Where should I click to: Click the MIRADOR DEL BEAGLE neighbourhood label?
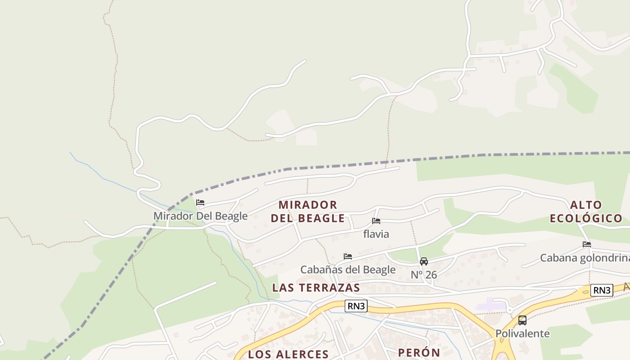click(x=308, y=211)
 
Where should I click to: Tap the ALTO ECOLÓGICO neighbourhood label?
click(x=586, y=211)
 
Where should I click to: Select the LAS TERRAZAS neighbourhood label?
click(x=316, y=288)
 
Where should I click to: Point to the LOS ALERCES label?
click(x=288, y=354)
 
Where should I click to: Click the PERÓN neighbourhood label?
click(x=419, y=352)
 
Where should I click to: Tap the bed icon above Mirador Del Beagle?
click(x=200, y=202)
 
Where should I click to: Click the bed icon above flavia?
click(x=376, y=221)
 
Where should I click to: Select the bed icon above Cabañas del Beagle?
click(x=348, y=256)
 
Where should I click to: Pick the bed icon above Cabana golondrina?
click(x=587, y=244)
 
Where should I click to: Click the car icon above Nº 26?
click(x=424, y=261)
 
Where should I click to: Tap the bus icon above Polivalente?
click(x=522, y=320)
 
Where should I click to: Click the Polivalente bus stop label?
click(x=522, y=333)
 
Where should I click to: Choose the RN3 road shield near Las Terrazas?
click(x=356, y=306)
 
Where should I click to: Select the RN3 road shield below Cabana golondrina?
click(x=602, y=290)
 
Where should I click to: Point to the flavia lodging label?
click(x=376, y=234)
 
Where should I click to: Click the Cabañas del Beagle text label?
click(x=348, y=270)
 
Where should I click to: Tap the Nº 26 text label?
click(x=424, y=274)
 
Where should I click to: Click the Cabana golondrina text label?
click(x=585, y=258)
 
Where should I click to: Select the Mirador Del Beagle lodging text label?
click(x=201, y=216)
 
